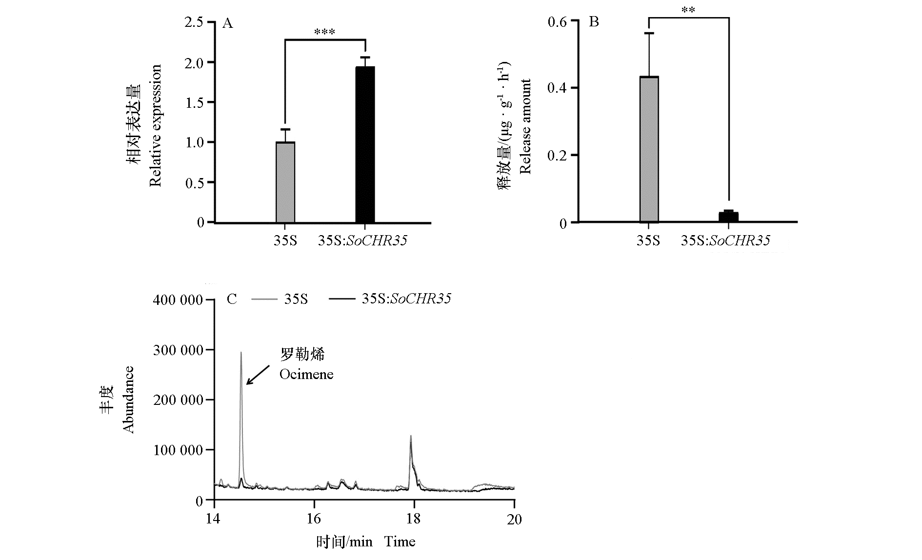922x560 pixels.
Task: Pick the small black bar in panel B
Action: [x=729, y=217]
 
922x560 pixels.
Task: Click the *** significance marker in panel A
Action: [x=324, y=33]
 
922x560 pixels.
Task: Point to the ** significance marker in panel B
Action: [x=688, y=10]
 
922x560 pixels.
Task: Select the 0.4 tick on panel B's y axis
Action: [x=557, y=88]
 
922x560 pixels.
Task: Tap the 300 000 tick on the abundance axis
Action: [x=178, y=350]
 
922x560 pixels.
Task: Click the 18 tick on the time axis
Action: [x=414, y=519]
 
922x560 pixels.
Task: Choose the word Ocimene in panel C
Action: [x=306, y=374]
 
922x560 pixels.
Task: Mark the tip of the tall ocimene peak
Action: [x=241, y=353]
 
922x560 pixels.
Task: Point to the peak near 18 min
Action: [x=411, y=437]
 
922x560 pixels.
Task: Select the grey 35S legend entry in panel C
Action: [x=281, y=299]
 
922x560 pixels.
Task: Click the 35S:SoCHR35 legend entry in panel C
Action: [x=390, y=299]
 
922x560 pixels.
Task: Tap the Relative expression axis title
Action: [x=155, y=126]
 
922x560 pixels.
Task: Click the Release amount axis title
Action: [x=525, y=126]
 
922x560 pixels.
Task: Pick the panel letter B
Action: [x=594, y=22]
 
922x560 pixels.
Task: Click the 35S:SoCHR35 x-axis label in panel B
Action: [x=725, y=240]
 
